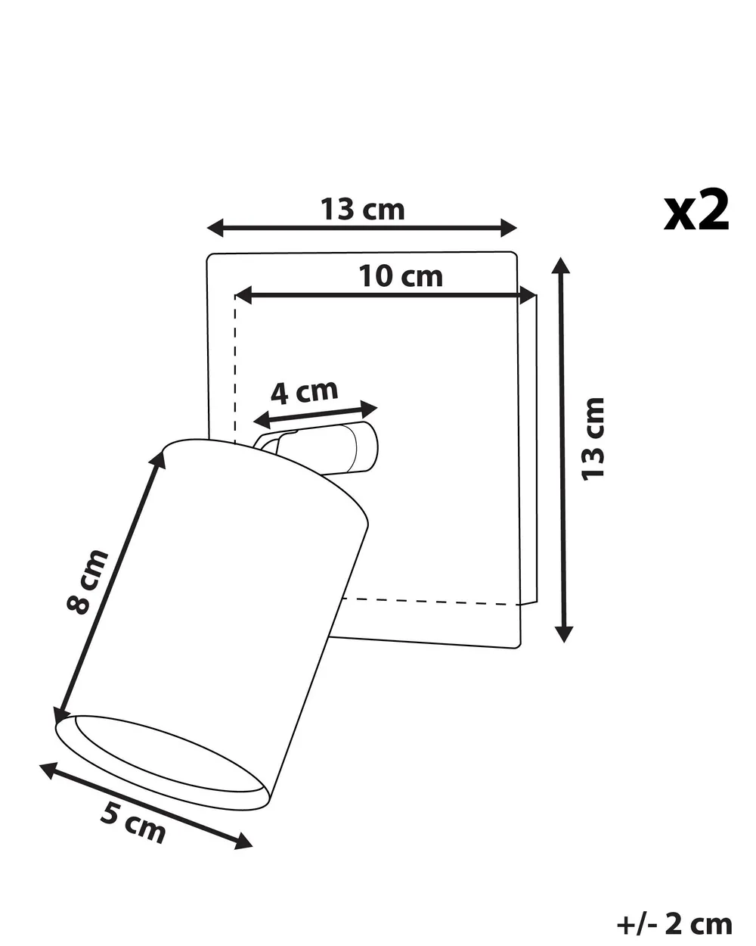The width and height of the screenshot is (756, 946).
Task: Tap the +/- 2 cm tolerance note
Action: (674, 912)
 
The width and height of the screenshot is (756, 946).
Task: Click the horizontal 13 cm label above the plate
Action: (362, 209)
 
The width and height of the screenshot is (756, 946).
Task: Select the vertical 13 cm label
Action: (593, 439)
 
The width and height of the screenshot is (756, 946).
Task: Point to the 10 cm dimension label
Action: (401, 276)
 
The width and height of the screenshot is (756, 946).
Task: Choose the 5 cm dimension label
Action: (133, 826)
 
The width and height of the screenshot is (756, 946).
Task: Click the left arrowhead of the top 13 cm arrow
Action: (215, 228)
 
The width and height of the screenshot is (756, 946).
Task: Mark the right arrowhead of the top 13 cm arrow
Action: (509, 228)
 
